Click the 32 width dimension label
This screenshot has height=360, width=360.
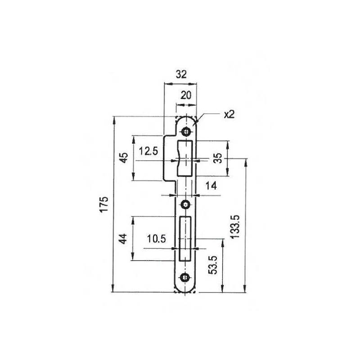pyautogui.click(x=181, y=75)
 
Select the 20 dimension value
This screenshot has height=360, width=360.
pyautogui.click(x=186, y=95)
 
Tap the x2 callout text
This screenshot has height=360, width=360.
pyautogui.click(x=229, y=114)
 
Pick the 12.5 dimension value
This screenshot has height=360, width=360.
pyautogui.click(x=148, y=151)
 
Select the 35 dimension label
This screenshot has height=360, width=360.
pyautogui.click(x=217, y=158)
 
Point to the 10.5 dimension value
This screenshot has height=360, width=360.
pyautogui.click(x=155, y=239)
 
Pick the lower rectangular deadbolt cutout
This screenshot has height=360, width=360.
pyautogui.click(x=186, y=238)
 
